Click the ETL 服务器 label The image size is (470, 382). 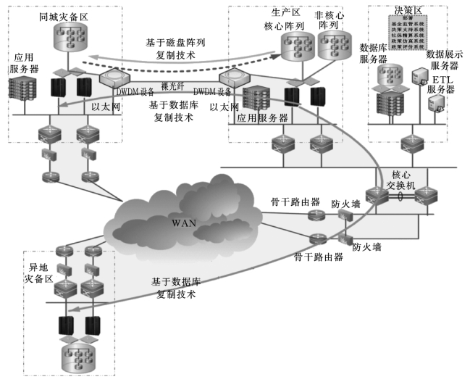[x=440, y=85]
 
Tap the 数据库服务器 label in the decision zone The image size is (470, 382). [x=374, y=53]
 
